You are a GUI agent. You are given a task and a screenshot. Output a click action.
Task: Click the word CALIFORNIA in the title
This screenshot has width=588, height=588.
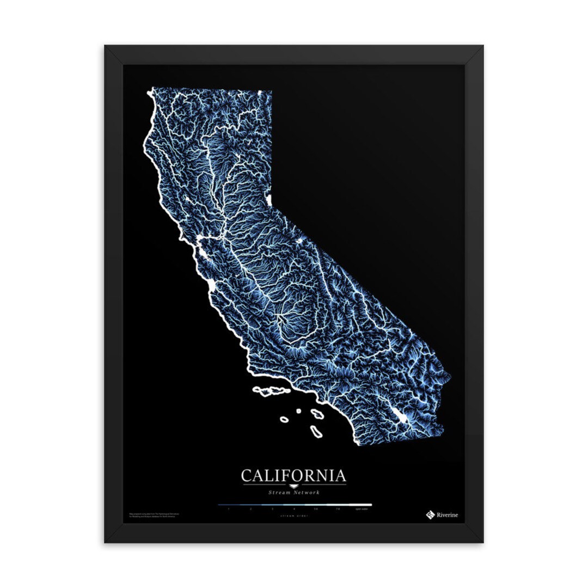(293, 475)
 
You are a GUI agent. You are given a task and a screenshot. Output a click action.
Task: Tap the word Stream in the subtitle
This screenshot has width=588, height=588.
(279, 493)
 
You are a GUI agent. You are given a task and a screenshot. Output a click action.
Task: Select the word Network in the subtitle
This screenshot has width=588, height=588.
(307, 493)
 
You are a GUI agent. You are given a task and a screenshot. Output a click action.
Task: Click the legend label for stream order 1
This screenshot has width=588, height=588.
(229, 509)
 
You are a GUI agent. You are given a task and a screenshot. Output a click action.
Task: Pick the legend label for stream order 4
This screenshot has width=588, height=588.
(294, 509)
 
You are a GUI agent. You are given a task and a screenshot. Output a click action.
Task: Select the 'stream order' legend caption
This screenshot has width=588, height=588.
(293, 515)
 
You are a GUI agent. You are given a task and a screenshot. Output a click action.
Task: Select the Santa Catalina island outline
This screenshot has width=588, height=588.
(316, 414)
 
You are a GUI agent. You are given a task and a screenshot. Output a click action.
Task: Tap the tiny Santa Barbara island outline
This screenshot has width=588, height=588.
(299, 411)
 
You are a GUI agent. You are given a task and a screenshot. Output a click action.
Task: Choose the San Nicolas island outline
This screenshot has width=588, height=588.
(284, 419)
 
